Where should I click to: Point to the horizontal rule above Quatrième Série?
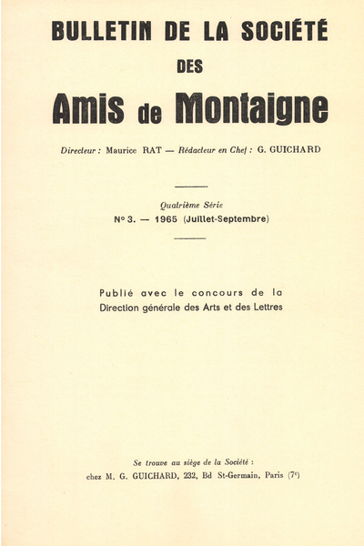[190, 187]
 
